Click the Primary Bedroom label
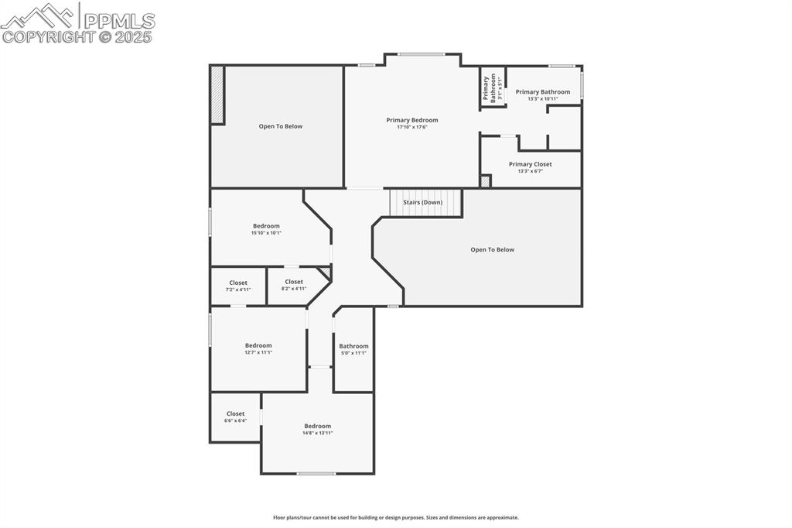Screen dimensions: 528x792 [x=412, y=120]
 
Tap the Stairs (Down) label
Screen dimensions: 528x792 [x=423, y=202]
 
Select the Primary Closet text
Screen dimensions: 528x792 [x=530, y=164]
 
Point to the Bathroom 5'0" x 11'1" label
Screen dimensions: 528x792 [x=353, y=349]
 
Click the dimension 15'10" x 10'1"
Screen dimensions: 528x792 [x=266, y=233]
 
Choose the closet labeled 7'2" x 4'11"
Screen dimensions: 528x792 [x=238, y=286]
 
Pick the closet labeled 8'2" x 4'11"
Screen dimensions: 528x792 [x=294, y=285]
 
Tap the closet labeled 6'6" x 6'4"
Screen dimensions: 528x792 [x=236, y=417]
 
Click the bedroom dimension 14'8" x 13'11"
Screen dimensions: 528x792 [x=317, y=433]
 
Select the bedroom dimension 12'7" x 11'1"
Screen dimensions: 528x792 [x=258, y=352]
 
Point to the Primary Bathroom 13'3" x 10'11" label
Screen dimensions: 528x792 [x=543, y=94]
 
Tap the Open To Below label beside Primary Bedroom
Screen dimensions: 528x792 [x=281, y=126]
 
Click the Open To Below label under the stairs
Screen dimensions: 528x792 [x=492, y=249]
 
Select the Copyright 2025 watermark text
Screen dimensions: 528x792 [x=77, y=36]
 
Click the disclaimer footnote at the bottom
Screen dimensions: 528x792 [x=396, y=517]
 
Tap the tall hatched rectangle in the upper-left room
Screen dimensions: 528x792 [x=217, y=94]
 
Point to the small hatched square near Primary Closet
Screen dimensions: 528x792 [x=485, y=181]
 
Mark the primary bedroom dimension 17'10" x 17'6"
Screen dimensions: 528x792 [x=412, y=127]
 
